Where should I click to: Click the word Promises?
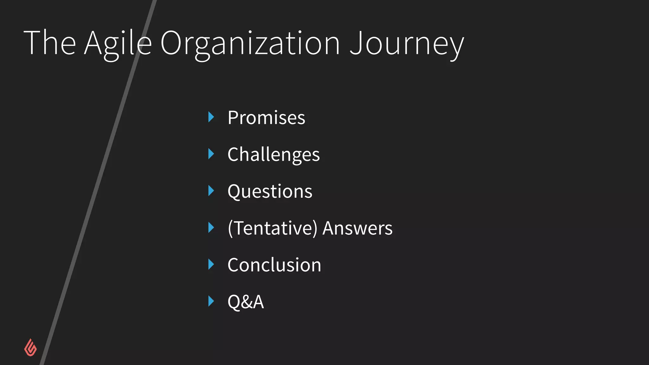(x=266, y=118)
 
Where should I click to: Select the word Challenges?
(x=273, y=155)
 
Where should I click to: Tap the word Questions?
(x=270, y=192)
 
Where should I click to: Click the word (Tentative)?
(x=272, y=228)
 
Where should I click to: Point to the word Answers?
(x=357, y=228)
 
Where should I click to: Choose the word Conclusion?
(x=274, y=265)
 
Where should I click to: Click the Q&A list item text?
(x=246, y=302)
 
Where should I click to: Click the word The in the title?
(x=50, y=42)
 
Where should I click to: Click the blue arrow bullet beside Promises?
(x=211, y=117)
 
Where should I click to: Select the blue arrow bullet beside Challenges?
(x=211, y=154)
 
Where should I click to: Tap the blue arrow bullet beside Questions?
(x=211, y=191)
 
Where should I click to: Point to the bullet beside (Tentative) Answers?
(x=211, y=227)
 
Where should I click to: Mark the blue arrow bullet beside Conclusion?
(x=211, y=264)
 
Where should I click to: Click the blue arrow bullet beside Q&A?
(x=211, y=301)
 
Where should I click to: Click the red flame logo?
(x=30, y=348)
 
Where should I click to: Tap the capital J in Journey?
(x=356, y=42)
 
